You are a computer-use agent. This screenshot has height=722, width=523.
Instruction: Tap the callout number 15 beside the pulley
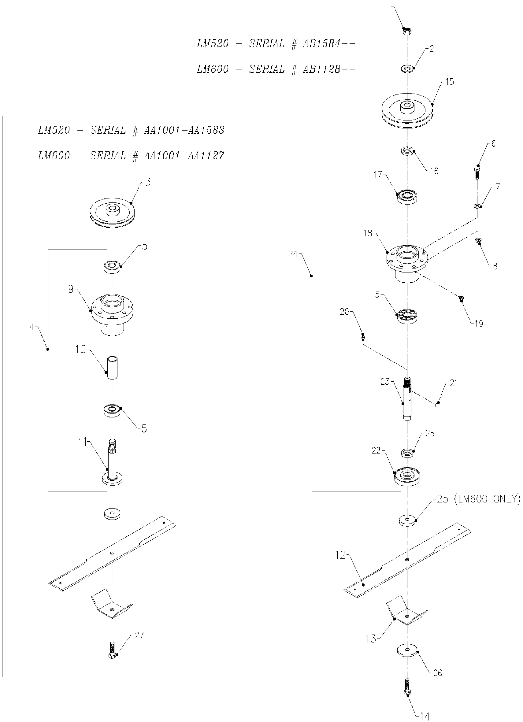[x=450, y=82]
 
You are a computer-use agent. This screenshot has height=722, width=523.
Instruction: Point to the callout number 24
[x=292, y=254]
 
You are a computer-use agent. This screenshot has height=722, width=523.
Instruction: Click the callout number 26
[x=438, y=673]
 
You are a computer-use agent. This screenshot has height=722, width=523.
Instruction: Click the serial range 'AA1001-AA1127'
[x=184, y=156]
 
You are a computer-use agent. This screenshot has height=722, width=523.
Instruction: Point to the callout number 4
[x=32, y=327]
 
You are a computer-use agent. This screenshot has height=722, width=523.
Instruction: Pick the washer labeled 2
[x=407, y=68]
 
